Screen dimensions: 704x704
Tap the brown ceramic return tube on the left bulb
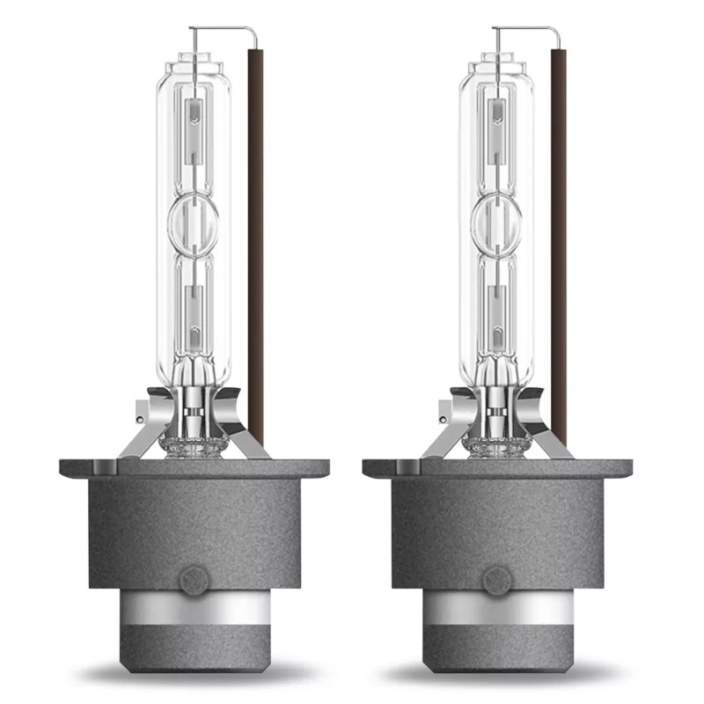click(x=256, y=246)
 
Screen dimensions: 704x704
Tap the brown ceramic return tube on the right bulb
click(x=559, y=246)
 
